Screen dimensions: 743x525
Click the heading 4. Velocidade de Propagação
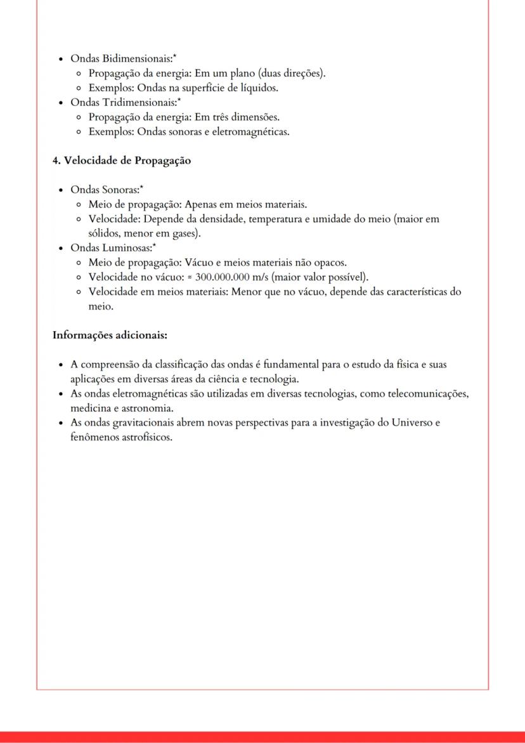122,161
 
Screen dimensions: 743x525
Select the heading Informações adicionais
110,334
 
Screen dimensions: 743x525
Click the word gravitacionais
141,423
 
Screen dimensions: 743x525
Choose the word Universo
405,423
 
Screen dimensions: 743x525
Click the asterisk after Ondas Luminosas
153,246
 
